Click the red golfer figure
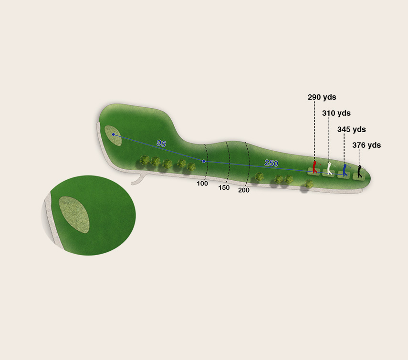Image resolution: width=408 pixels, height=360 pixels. click(315, 167)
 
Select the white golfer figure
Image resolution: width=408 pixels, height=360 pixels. click(330, 168)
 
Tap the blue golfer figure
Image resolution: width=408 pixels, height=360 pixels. click(345, 170)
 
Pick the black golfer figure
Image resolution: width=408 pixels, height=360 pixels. click(360, 171)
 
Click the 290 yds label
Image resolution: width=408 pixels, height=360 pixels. click(322, 97)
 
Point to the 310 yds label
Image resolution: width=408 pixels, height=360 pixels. click(336, 113)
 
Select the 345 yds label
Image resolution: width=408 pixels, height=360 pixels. click(352, 129)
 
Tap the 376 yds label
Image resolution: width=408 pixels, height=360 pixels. click(366, 145)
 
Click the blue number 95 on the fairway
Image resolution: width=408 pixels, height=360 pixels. click(161, 143)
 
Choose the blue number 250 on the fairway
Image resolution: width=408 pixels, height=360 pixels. click(272, 163)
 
